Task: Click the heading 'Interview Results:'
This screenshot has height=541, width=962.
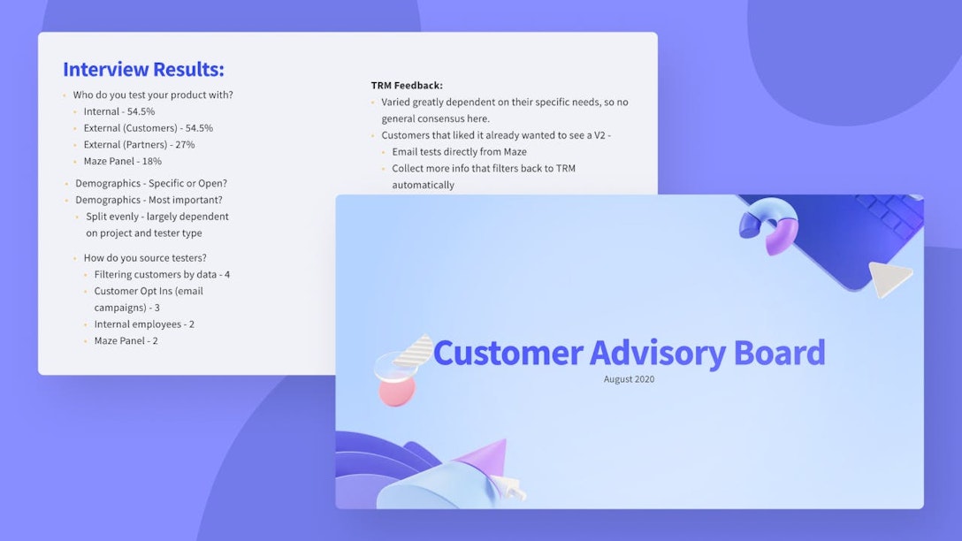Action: click(143, 70)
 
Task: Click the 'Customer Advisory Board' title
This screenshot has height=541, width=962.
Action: click(629, 352)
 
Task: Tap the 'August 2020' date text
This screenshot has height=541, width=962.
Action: click(629, 379)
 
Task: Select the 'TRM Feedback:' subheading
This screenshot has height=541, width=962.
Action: click(407, 86)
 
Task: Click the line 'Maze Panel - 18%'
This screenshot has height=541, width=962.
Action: click(122, 161)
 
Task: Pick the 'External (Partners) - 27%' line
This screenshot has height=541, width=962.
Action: click(139, 144)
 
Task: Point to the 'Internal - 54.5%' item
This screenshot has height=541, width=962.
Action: click(118, 111)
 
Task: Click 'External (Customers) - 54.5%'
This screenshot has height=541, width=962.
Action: click(148, 128)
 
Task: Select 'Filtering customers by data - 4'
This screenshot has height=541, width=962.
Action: click(162, 274)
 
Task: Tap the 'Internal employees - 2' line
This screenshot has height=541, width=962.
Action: click(144, 324)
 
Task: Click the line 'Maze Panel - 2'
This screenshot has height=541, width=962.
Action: click(126, 340)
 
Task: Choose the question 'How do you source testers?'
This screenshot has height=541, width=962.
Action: click(145, 258)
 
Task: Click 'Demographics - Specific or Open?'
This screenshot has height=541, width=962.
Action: click(151, 184)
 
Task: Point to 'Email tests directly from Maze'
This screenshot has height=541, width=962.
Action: click(459, 152)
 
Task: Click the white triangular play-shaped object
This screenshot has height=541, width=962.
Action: click(888, 278)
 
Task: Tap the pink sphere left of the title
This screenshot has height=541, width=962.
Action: click(396, 390)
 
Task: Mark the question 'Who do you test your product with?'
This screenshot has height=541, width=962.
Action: click(153, 95)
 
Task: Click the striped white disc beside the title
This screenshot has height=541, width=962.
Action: click(415, 350)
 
